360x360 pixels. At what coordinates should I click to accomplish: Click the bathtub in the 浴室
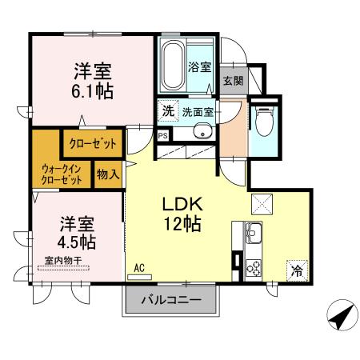[173, 66]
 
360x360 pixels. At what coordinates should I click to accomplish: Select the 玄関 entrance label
[234, 81]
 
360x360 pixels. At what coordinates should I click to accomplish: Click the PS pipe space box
[163, 135]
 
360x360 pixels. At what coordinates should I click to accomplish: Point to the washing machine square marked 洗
[168, 110]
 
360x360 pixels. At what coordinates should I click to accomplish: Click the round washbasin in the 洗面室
[203, 131]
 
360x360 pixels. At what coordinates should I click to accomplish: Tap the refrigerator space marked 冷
[297, 270]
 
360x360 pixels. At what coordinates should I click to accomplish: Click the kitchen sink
[254, 233]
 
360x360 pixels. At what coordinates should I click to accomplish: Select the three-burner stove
[254, 268]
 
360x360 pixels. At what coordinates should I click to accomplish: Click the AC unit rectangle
[139, 277]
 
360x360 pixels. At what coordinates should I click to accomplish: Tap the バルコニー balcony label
[171, 301]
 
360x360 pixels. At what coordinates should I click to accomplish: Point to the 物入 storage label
[108, 174]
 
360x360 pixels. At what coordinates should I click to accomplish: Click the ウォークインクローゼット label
[61, 174]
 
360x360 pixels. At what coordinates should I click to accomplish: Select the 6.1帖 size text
[92, 91]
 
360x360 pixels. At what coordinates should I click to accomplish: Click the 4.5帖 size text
[77, 242]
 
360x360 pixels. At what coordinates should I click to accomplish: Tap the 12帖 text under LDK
[182, 224]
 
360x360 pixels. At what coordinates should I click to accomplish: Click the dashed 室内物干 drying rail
[64, 268]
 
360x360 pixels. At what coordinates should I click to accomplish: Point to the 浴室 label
[200, 67]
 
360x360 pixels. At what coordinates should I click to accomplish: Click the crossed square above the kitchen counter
[262, 204]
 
